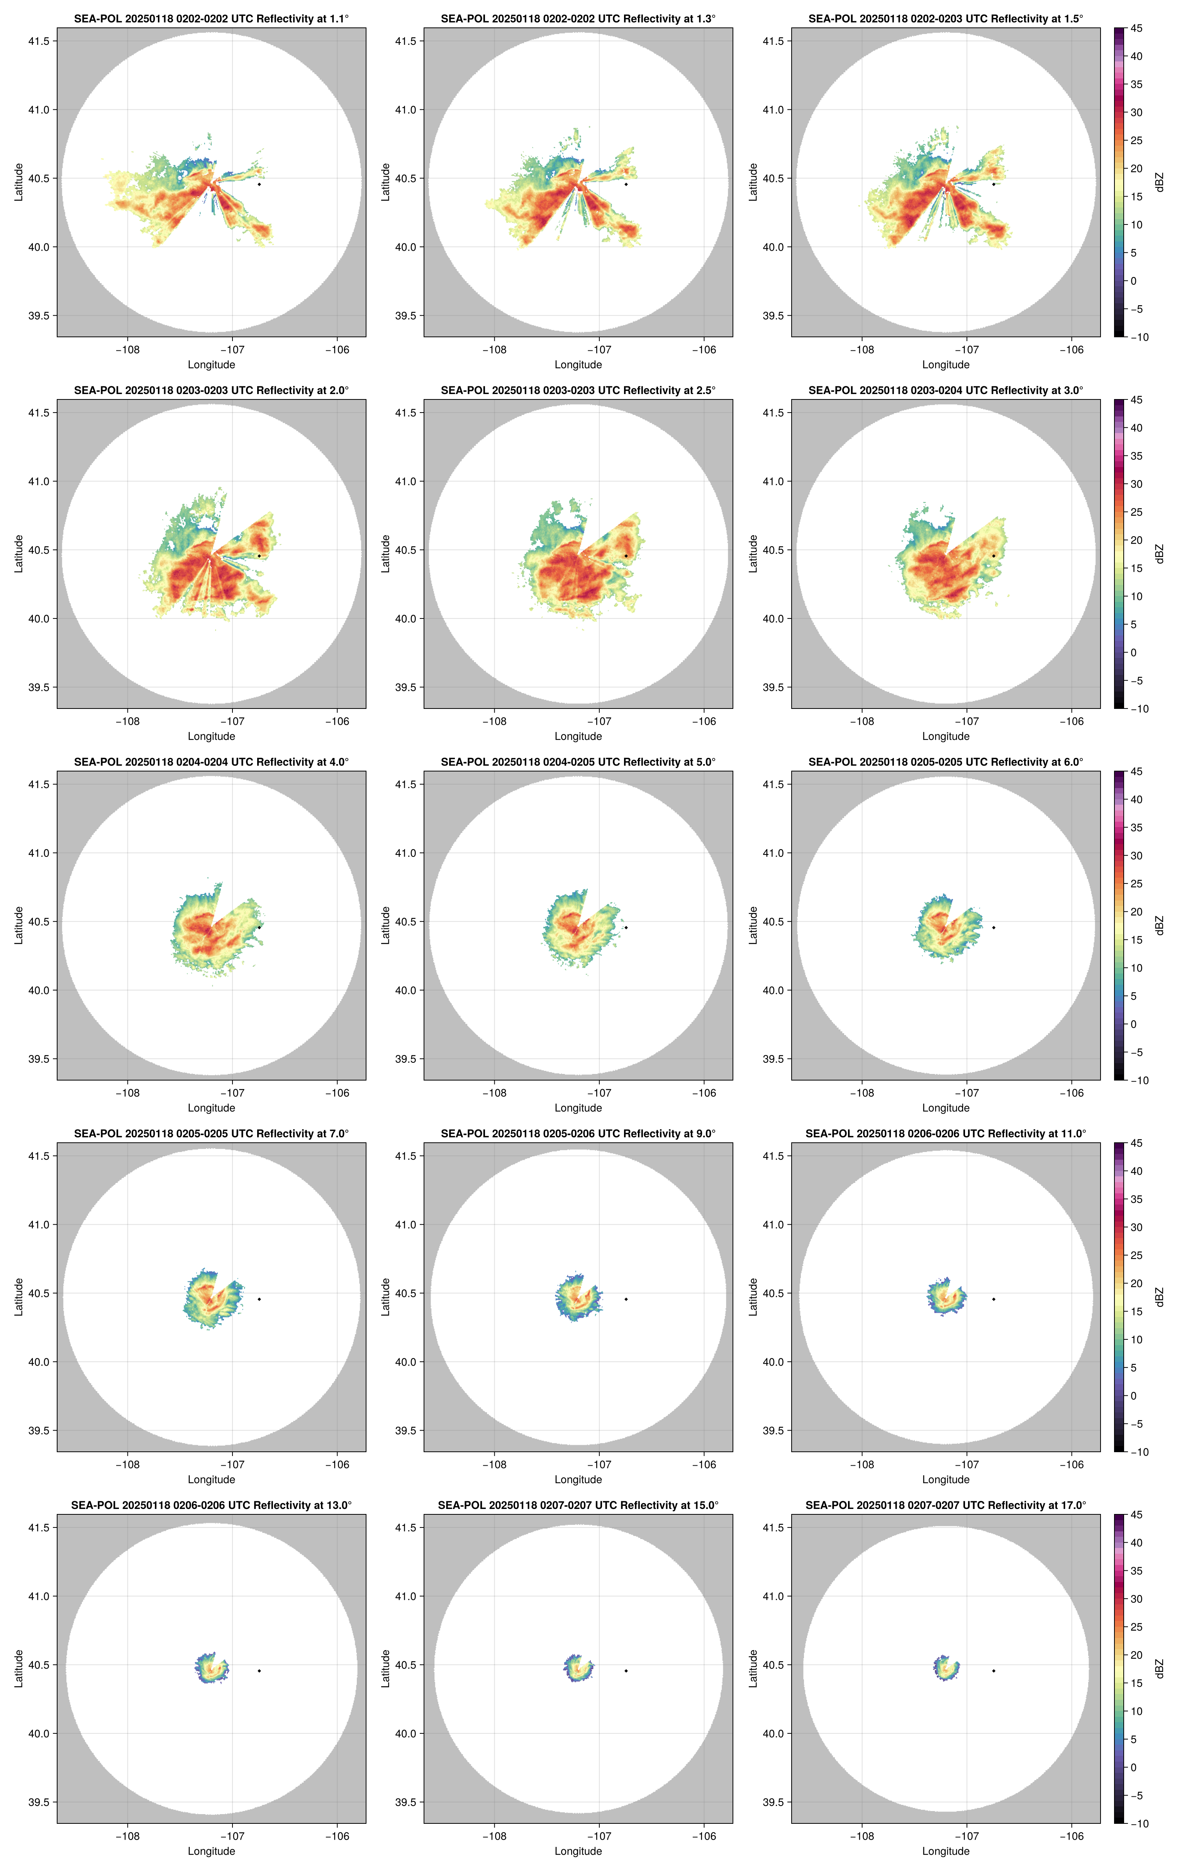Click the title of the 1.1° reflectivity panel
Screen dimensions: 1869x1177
click(x=211, y=19)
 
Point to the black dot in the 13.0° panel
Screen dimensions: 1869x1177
click(x=259, y=1670)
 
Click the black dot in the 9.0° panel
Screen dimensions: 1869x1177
click(x=626, y=1299)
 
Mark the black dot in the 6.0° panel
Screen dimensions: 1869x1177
click(x=993, y=928)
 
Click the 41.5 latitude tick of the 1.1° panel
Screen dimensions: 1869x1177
click(x=39, y=41)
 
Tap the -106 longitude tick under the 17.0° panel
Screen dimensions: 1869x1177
click(x=1072, y=1837)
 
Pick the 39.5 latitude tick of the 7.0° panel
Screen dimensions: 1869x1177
click(x=39, y=1431)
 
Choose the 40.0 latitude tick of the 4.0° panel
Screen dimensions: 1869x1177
click(x=39, y=991)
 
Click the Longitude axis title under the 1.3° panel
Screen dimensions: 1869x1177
click(x=578, y=365)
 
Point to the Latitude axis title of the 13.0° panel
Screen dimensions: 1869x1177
click(x=19, y=1669)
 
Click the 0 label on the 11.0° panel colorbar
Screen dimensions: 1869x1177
click(x=1133, y=1395)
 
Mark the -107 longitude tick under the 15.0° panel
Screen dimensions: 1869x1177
click(x=599, y=1837)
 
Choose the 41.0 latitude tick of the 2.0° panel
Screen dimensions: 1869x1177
click(x=39, y=481)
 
